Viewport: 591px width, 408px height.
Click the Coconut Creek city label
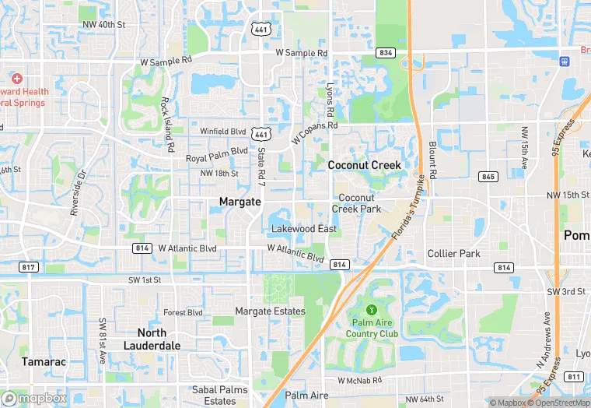point(364,165)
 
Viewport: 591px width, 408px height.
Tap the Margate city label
point(240,202)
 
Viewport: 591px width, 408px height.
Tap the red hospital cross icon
point(16,79)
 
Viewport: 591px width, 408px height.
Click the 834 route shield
point(385,52)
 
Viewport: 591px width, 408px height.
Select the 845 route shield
point(488,177)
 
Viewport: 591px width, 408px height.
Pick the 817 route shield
point(30,267)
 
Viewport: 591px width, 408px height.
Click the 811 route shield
point(574,377)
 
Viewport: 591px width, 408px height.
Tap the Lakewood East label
point(304,229)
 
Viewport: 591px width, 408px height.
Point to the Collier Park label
point(453,254)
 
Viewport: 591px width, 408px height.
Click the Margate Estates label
point(270,311)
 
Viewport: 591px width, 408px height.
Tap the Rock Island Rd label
point(165,124)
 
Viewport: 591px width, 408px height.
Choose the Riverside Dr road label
point(75,193)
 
